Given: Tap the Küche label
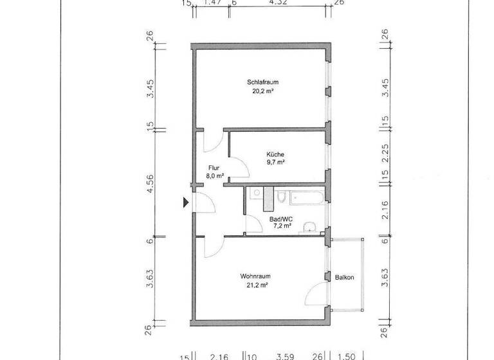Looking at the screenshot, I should (275, 154).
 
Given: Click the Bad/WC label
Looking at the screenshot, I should (281, 219).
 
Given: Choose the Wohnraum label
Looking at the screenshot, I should (254, 276).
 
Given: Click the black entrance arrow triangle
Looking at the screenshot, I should (186, 203).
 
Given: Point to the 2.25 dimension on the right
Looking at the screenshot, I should (385, 154).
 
